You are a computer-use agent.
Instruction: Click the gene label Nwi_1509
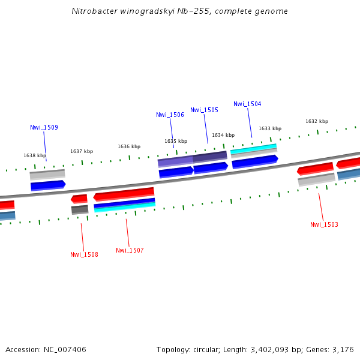(44, 127)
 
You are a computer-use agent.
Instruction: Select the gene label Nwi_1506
(170, 115)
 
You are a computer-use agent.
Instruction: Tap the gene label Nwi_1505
(204, 110)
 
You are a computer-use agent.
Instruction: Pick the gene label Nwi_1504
(247, 104)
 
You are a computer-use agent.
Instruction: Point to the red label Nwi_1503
(324, 224)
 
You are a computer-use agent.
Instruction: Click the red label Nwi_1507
(130, 250)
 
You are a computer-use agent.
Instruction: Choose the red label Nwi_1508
(84, 254)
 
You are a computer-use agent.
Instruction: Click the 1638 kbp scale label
(35, 155)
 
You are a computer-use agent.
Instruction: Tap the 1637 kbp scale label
(82, 151)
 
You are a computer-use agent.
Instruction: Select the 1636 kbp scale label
(129, 146)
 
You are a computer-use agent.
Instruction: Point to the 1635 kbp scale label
(176, 141)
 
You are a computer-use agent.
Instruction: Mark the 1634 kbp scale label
(223, 135)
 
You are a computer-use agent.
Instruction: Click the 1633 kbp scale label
(270, 128)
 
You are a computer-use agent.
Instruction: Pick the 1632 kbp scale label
(317, 121)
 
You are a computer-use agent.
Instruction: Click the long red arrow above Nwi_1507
(124, 194)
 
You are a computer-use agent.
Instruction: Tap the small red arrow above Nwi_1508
(79, 199)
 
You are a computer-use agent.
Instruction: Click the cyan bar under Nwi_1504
(253, 148)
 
